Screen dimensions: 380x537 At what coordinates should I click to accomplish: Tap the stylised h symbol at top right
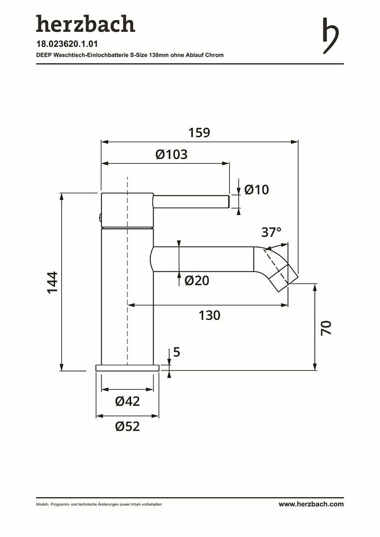coord(331,36)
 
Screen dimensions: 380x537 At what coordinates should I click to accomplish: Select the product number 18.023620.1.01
coord(67,44)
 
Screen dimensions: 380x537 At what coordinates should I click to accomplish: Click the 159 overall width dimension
coord(199,133)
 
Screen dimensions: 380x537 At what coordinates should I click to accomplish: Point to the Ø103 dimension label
coord(172,155)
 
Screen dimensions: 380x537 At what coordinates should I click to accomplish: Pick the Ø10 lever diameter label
coord(257,189)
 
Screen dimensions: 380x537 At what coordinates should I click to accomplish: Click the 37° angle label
coord(272,232)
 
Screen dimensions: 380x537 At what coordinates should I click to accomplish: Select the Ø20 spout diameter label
coord(197,280)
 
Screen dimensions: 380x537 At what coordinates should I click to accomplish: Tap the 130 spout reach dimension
coord(210,315)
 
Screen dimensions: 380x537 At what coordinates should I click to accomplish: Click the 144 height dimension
coord(52,282)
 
